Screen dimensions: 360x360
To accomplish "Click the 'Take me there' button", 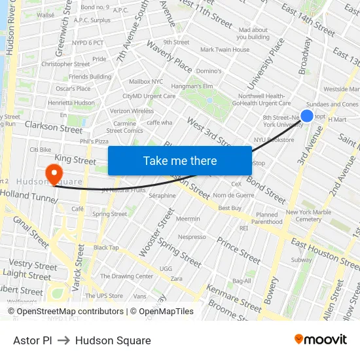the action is [x=179, y=161].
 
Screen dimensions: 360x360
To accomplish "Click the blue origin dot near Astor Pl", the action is [x=306, y=116].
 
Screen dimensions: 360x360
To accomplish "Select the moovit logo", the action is [x=321, y=339].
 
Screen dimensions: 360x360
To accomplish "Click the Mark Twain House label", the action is [x=225, y=50].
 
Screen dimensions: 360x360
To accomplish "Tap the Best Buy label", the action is [x=230, y=208].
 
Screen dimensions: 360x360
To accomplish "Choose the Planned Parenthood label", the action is [x=267, y=218].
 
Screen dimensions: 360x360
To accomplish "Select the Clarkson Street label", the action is [x=54, y=129].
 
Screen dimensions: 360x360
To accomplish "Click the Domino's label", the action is [x=209, y=71].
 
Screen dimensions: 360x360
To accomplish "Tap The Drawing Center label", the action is [x=127, y=276].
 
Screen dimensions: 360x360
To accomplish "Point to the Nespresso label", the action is [x=192, y=237].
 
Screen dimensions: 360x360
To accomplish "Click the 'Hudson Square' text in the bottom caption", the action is [x=113, y=340].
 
